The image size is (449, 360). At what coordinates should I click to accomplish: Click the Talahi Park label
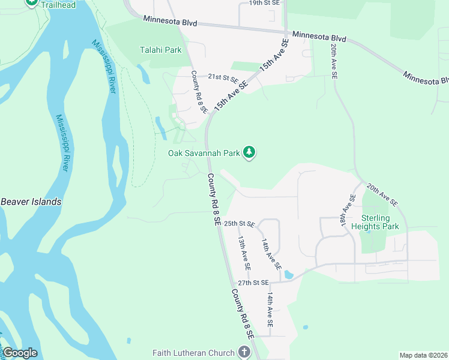(160, 50)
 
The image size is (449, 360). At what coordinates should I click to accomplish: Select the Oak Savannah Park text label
(203, 153)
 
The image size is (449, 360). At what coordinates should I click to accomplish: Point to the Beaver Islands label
(31, 202)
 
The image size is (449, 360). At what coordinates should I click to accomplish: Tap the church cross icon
(244, 352)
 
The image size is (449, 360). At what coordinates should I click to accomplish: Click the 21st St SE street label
(223, 78)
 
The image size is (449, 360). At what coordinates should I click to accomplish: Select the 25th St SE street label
(239, 224)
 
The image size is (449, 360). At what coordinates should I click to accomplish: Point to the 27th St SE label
(253, 283)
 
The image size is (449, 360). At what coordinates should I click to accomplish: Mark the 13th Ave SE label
(244, 252)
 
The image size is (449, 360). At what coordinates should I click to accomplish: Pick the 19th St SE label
(264, 3)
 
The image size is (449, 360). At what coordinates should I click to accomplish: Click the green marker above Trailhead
(32, 2)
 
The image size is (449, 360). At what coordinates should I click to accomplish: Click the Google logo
(20, 353)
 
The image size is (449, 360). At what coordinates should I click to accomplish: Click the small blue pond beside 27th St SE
(289, 275)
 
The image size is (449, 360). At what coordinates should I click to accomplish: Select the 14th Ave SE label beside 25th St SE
(271, 254)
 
